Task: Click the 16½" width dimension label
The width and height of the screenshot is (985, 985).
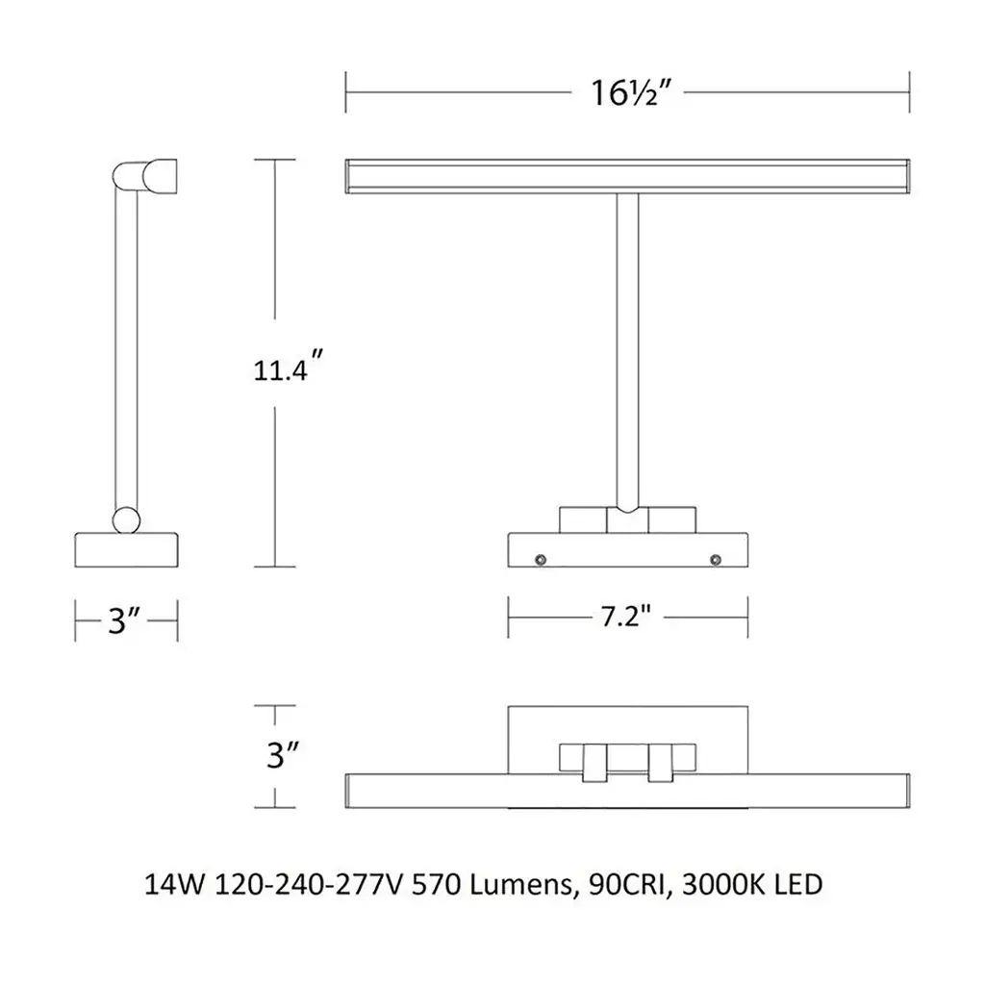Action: click(x=631, y=93)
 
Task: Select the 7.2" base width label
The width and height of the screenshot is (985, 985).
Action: click(x=625, y=617)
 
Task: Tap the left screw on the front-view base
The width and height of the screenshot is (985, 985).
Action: click(x=540, y=560)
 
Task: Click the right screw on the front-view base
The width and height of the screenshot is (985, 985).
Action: click(x=715, y=560)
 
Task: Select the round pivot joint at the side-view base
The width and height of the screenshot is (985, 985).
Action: click(x=126, y=520)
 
